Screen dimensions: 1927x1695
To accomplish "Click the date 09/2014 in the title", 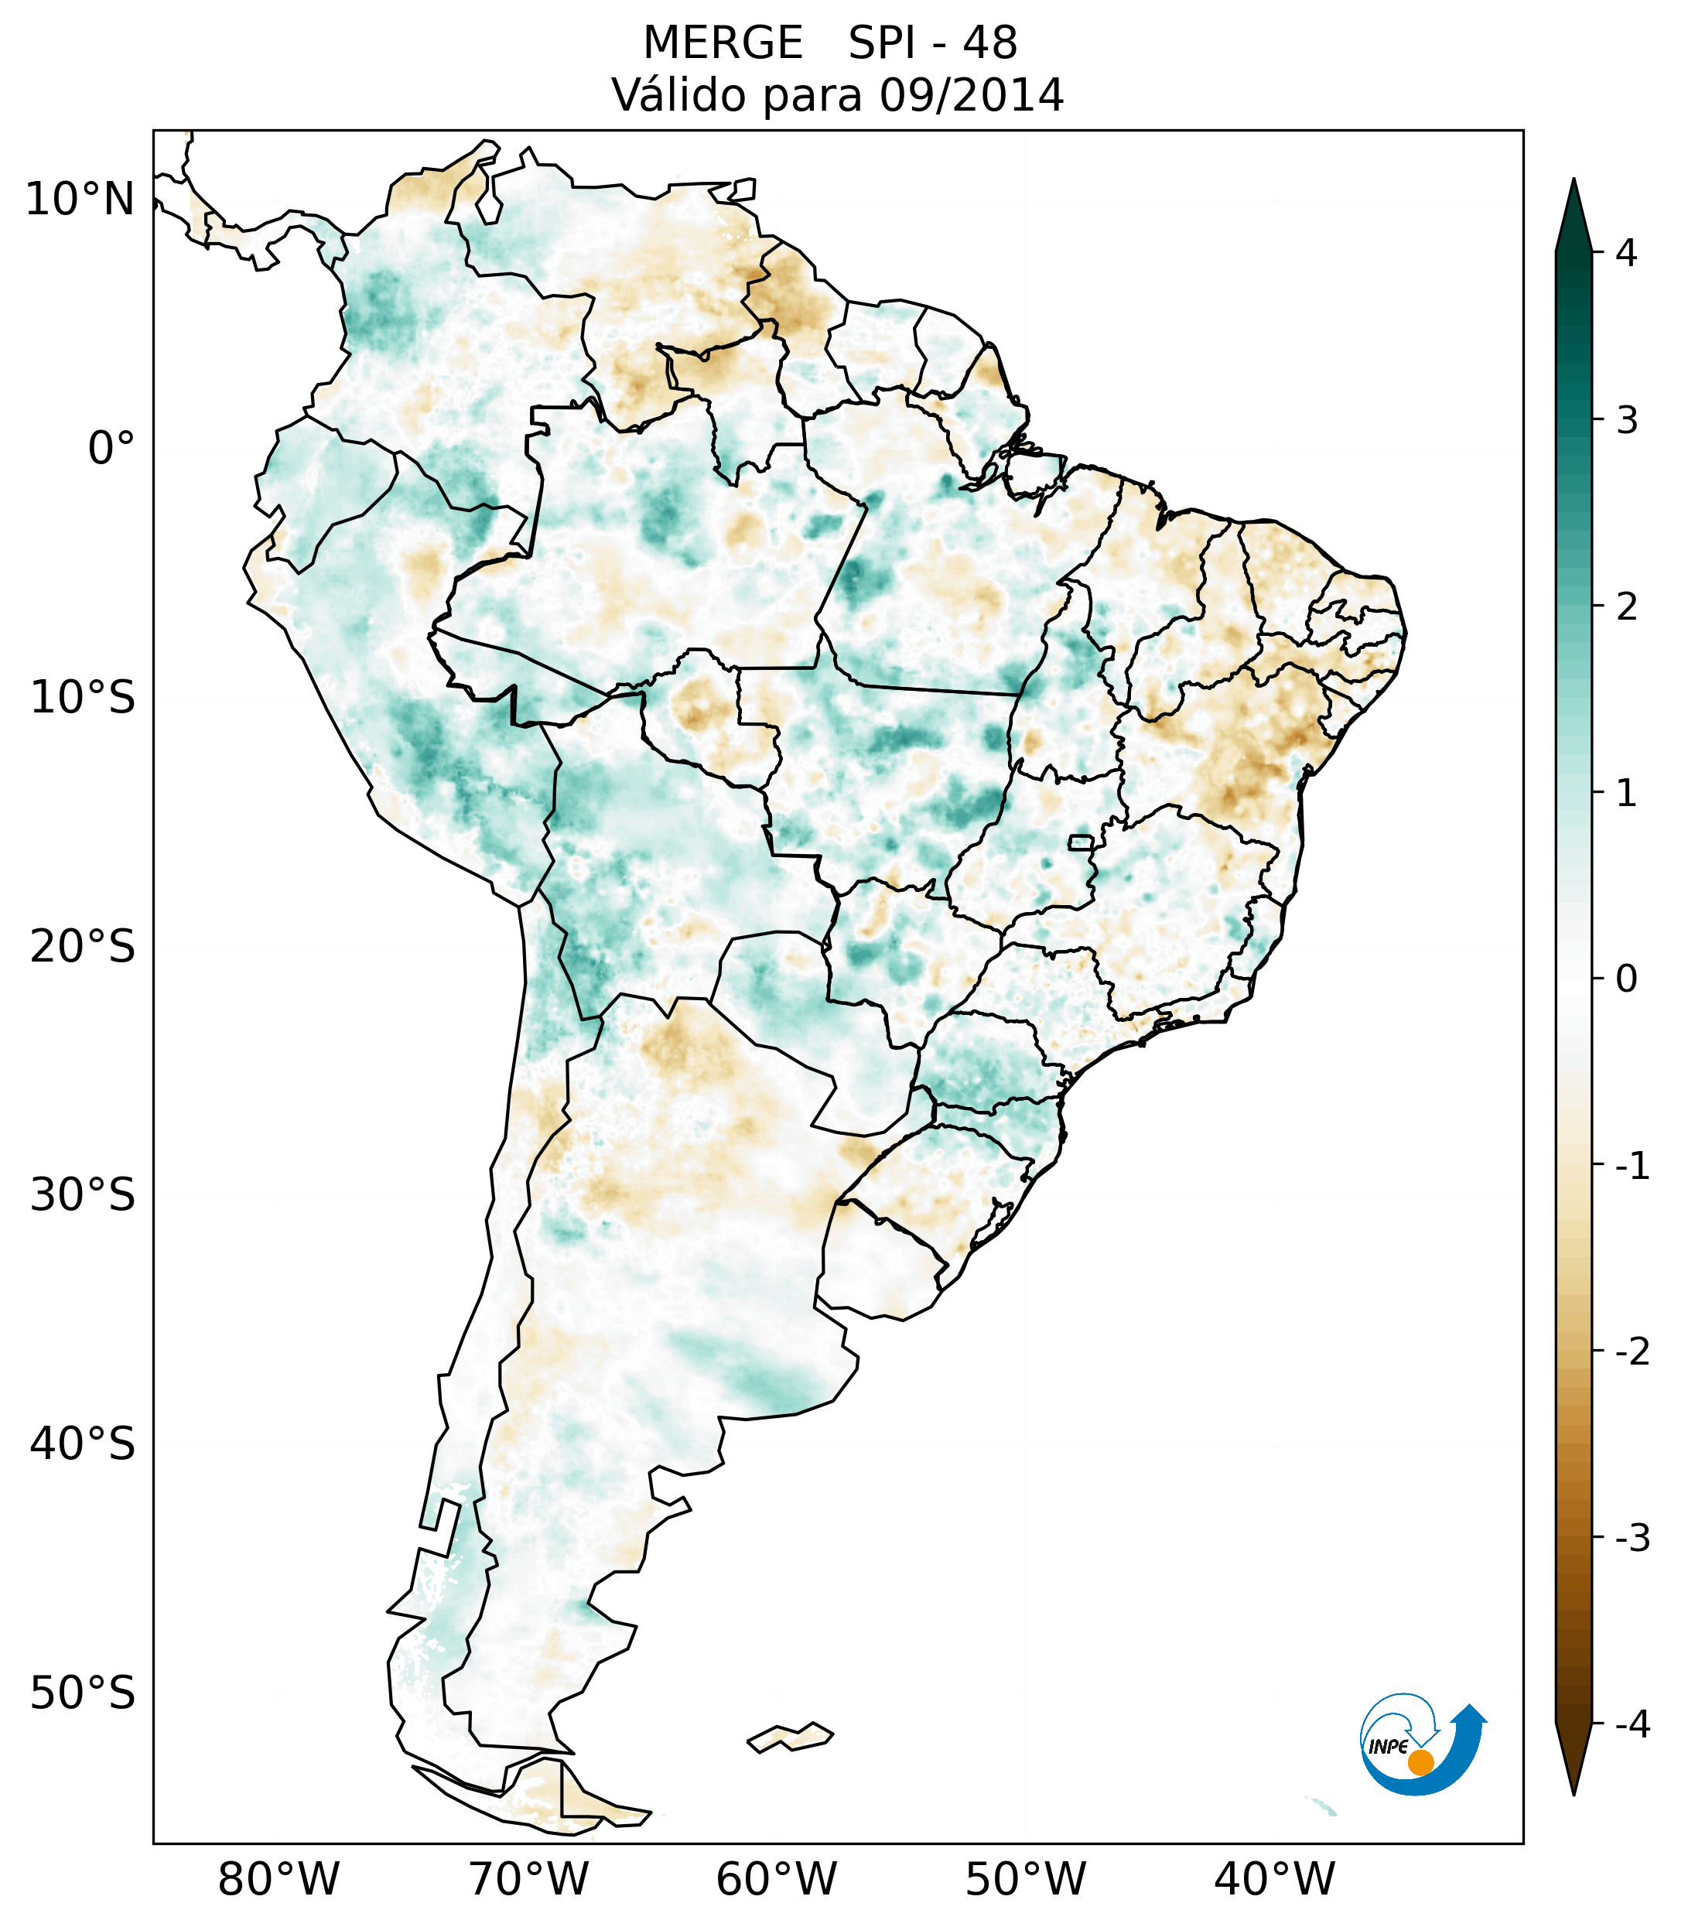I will (970, 95).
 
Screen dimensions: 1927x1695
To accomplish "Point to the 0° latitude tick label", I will (111, 448).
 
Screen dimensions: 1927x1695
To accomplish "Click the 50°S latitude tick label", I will (82, 1693).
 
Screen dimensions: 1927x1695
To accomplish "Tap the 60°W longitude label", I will (776, 1879).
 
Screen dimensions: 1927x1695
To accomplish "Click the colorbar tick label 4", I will (1626, 253).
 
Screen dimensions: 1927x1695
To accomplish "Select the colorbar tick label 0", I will (1626, 979).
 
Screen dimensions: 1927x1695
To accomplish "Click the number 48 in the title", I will (990, 43).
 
